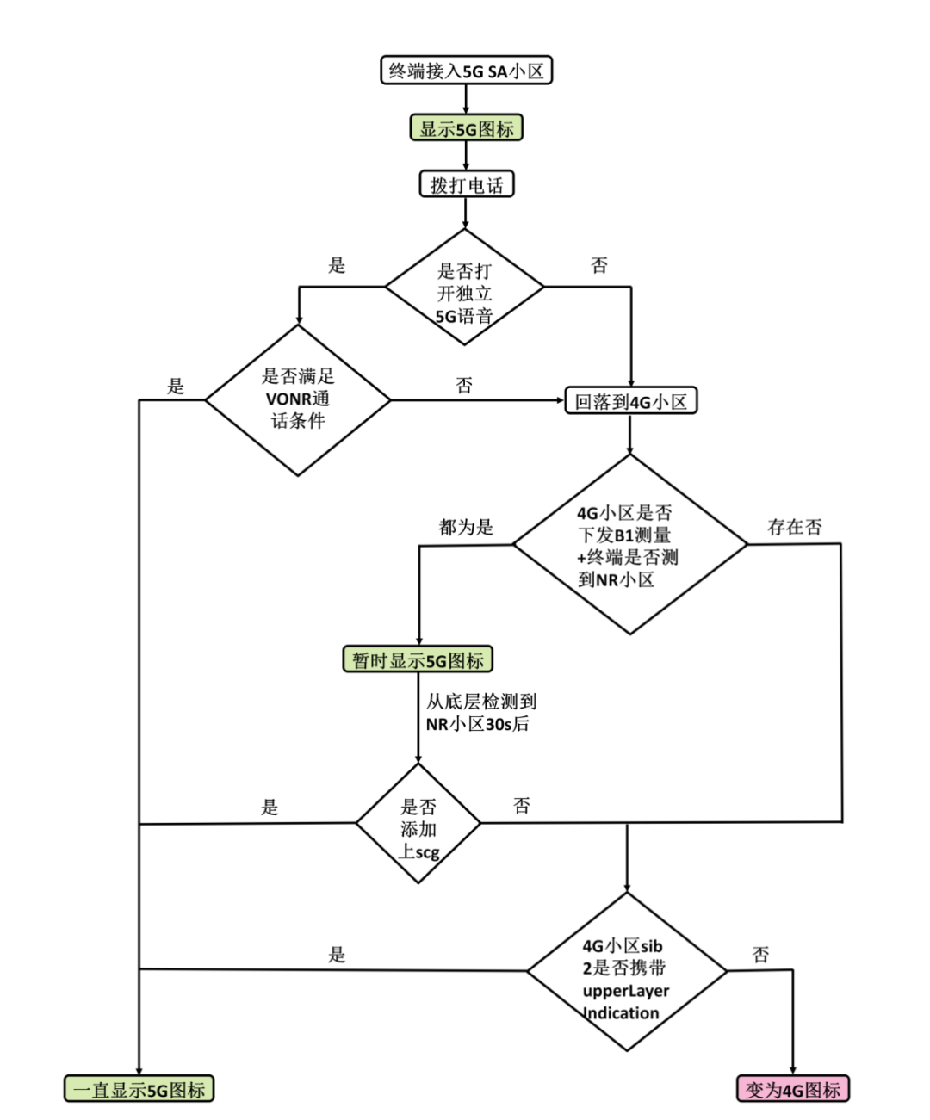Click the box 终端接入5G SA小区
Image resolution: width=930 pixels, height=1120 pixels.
(466, 71)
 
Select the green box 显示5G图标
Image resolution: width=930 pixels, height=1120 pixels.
(466, 129)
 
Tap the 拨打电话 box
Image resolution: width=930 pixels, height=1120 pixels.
(466, 185)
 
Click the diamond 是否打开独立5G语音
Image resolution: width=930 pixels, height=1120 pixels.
(464, 288)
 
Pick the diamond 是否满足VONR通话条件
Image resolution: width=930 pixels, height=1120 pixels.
(298, 399)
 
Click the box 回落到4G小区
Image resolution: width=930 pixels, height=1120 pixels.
(630, 401)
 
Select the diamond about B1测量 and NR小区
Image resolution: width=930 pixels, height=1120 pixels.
(629, 545)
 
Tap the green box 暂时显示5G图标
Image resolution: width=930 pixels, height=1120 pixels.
(418, 660)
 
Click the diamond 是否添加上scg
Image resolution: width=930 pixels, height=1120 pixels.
(418, 824)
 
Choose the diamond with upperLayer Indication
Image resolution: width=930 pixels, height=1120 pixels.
(626, 971)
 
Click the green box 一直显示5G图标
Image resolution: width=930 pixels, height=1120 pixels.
(139, 1089)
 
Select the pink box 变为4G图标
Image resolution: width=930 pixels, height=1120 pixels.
(792, 1089)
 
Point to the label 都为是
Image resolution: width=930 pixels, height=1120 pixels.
(466, 527)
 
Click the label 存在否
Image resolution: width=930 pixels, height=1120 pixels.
(794, 527)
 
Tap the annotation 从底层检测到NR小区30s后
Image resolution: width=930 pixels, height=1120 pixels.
(480, 713)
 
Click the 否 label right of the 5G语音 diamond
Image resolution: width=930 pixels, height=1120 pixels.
(599, 265)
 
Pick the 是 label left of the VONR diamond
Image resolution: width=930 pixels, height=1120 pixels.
(176, 386)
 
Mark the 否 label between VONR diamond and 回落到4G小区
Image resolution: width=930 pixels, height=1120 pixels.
(464, 385)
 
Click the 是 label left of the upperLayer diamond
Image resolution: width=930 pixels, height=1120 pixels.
(337, 954)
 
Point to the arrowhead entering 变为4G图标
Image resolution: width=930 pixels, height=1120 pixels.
(792, 1070)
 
